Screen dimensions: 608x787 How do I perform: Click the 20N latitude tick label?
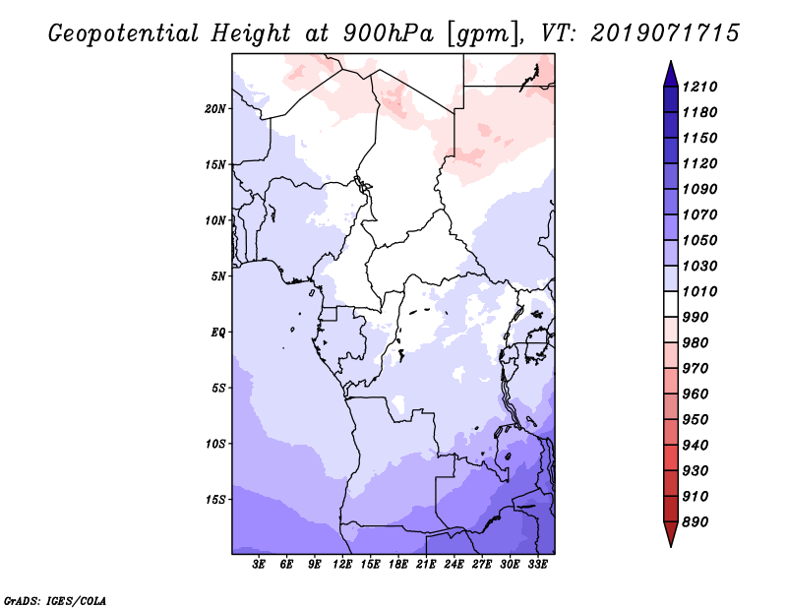click(x=215, y=108)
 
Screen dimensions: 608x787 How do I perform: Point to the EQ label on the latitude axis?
click(x=218, y=332)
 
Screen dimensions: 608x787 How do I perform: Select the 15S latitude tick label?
click(x=215, y=499)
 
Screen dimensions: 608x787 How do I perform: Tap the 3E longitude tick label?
click(x=260, y=565)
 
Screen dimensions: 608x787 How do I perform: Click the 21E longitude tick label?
click(x=427, y=565)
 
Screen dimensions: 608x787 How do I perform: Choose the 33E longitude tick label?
click(x=538, y=565)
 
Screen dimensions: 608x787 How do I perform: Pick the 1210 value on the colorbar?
click(x=702, y=87)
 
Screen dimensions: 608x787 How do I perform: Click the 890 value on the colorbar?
click(x=699, y=521)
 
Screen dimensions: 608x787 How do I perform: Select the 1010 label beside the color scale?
click(x=702, y=291)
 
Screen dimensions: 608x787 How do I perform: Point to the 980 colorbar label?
click(x=699, y=342)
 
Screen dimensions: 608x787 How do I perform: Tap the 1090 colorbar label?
click(x=702, y=189)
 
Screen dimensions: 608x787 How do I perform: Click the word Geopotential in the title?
click(x=117, y=33)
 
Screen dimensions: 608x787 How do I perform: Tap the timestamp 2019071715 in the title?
click(x=666, y=33)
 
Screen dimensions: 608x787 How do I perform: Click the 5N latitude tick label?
click(x=218, y=275)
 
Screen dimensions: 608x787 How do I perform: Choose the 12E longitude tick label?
click(x=343, y=565)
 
